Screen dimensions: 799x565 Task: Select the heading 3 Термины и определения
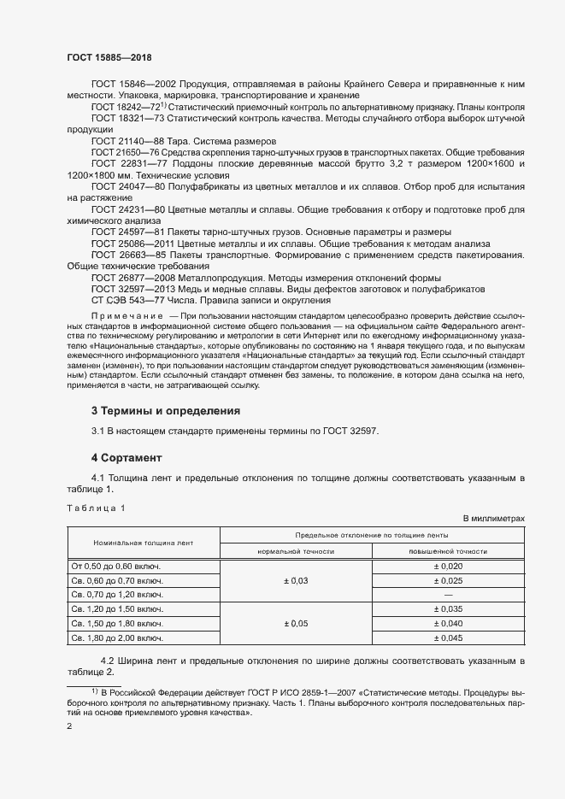point(160,411)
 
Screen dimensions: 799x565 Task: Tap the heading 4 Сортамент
point(127,459)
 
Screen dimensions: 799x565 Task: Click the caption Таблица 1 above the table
point(96,508)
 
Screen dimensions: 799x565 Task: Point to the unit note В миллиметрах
point(493,519)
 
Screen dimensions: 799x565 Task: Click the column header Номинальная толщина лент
point(144,543)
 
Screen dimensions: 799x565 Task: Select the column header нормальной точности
point(296,552)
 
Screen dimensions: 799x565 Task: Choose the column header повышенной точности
point(448,552)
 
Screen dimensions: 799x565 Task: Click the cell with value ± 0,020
point(448,567)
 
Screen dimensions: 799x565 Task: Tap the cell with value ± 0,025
point(448,580)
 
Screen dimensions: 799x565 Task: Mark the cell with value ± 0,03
point(296,580)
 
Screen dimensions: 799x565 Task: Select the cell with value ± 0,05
point(296,624)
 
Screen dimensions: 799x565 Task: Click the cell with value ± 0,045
point(448,638)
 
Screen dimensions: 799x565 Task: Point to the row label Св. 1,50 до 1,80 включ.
point(117,624)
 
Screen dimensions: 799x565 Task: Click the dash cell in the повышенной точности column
point(448,595)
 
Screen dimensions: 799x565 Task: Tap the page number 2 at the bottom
point(69,726)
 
